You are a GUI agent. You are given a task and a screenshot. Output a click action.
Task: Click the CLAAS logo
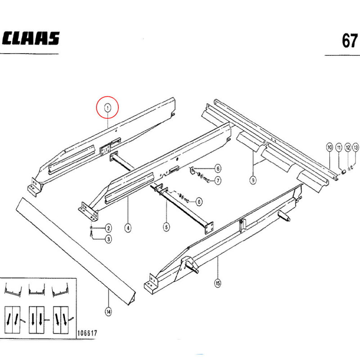point(31,38)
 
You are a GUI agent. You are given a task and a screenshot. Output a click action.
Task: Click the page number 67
point(350,40)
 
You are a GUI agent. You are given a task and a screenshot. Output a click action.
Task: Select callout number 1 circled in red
point(108,108)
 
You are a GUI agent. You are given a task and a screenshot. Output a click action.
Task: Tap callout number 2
point(108,228)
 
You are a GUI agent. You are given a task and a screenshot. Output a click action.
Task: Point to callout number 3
point(108,239)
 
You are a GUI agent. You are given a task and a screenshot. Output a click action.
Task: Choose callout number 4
point(128,228)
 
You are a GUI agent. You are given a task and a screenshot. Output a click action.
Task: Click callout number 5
point(166,227)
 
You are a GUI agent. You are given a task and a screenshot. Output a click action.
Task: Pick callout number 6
point(218,168)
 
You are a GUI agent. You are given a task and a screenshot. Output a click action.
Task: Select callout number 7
point(218,180)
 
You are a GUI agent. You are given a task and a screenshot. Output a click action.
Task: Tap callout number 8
point(199,202)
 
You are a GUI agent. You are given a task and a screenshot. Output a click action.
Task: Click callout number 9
point(253,180)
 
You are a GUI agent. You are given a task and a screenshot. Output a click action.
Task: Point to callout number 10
point(329,147)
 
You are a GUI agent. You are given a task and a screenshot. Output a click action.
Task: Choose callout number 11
point(339,148)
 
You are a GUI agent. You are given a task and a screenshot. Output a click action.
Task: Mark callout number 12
point(348,148)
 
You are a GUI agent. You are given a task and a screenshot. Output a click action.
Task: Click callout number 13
point(355,147)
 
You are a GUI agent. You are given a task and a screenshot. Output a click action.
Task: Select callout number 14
point(108,312)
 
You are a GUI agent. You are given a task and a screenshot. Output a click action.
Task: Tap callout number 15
point(218,283)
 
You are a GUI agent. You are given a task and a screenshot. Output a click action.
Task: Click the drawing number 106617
point(87,333)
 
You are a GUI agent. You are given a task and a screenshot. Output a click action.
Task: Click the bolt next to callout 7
point(207,179)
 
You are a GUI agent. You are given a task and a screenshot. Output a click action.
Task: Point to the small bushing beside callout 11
point(343,172)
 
